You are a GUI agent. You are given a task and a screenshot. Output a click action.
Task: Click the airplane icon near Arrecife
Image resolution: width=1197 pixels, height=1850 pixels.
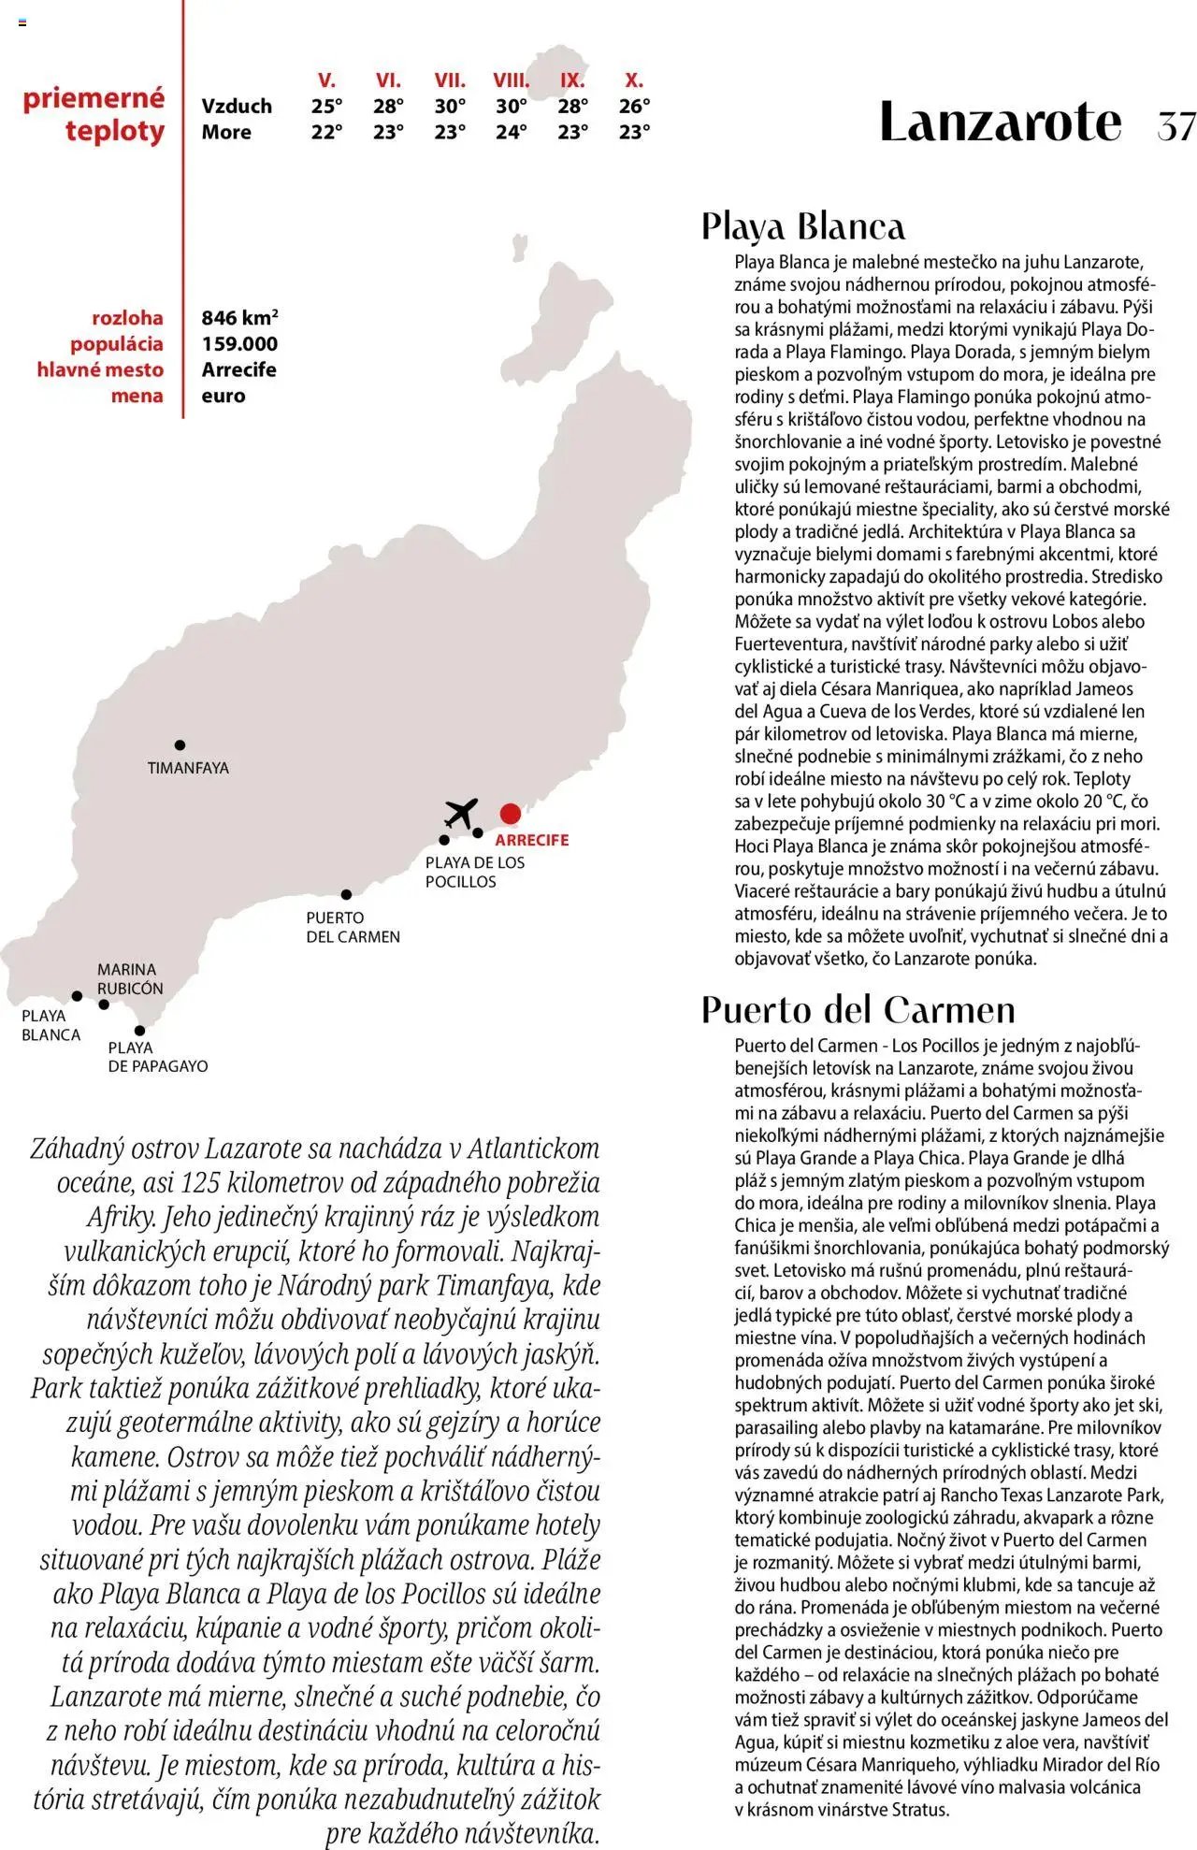click(461, 813)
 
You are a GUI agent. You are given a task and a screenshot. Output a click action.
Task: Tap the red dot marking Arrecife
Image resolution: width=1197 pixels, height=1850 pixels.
click(510, 813)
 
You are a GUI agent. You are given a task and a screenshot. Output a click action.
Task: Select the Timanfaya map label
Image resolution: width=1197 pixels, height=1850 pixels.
click(188, 768)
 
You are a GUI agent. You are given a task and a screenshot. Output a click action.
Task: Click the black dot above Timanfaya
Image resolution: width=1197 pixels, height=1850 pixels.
click(180, 745)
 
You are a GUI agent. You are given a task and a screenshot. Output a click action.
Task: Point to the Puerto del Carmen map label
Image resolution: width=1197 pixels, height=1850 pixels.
click(353, 927)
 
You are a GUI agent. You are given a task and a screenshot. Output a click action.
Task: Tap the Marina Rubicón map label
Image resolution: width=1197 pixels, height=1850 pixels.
click(130, 978)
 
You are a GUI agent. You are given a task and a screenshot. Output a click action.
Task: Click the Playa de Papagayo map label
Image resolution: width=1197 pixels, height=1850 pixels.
click(157, 1057)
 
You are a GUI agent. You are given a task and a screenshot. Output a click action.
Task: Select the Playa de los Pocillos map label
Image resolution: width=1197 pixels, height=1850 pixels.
click(474, 872)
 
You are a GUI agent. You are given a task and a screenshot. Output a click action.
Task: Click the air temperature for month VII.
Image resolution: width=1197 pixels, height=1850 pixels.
click(450, 106)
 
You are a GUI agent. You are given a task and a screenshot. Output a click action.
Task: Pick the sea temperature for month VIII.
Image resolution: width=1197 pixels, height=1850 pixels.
click(511, 132)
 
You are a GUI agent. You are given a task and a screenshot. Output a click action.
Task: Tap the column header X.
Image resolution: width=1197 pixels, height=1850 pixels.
click(634, 80)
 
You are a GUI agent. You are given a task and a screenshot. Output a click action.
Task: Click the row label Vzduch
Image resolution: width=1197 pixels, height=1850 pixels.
click(237, 106)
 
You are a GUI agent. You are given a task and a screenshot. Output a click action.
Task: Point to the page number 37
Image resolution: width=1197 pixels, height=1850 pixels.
click(1175, 125)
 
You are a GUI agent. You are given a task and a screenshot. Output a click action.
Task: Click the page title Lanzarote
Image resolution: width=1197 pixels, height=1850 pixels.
click(1000, 123)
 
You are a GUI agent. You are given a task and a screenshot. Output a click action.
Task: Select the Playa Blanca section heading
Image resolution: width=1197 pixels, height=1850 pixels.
click(803, 226)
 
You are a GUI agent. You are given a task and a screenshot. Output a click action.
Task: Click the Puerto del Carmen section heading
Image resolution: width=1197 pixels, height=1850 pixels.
click(858, 1010)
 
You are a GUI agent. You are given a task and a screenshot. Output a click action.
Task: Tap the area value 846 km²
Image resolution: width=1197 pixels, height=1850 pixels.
click(239, 318)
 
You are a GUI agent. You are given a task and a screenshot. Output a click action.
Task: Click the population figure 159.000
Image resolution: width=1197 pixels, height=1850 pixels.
click(239, 344)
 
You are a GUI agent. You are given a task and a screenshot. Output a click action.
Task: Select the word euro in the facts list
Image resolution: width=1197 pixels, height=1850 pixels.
click(224, 396)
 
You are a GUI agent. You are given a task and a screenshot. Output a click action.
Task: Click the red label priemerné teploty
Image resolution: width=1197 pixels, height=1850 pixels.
click(94, 114)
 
